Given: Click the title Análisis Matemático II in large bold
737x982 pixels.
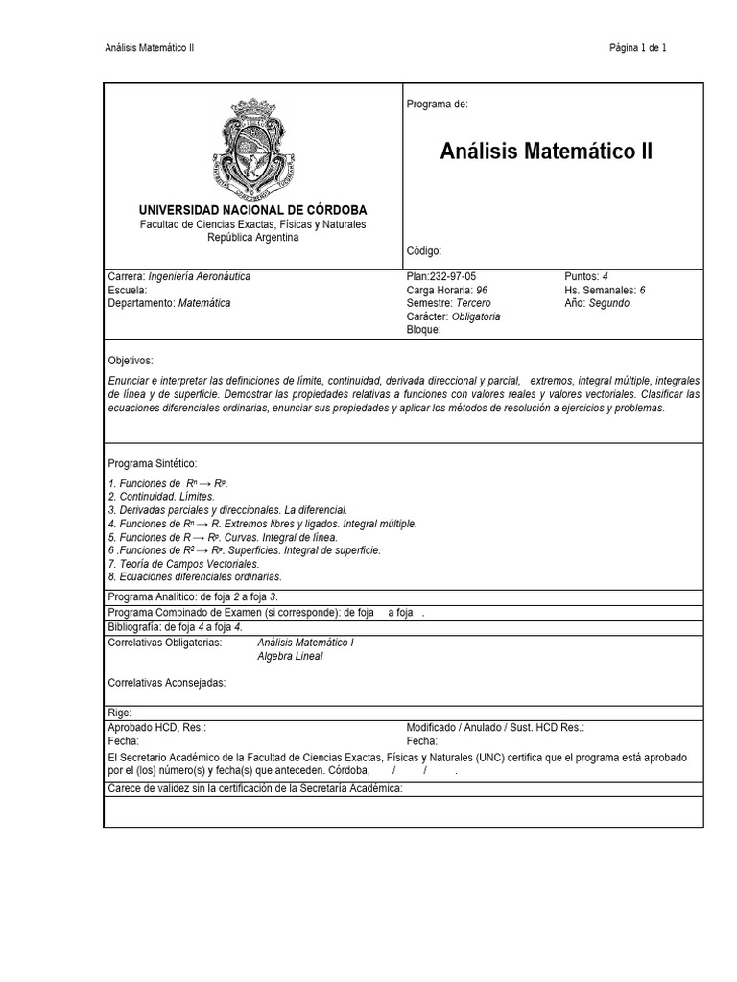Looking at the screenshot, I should pyautogui.click(x=546, y=152).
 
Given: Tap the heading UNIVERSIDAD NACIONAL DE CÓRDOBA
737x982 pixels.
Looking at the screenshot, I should pyautogui.click(x=253, y=209).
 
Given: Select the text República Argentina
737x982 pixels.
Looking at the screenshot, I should pyautogui.click(x=253, y=237).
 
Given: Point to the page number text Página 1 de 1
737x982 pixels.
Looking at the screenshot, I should pyautogui.click(x=638, y=48).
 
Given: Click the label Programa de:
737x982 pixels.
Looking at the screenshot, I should pyautogui.click(x=437, y=104).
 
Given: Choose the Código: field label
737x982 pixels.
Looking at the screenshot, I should pyautogui.click(x=424, y=251).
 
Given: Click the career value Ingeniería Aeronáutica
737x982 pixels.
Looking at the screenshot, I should pyautogui.click(x=200, y=276).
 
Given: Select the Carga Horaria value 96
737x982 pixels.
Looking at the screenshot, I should pyautogui.click(x=482, y=290).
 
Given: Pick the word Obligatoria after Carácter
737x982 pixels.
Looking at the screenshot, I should pyautogui.click(x=477, y=316).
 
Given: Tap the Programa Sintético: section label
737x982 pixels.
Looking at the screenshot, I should pyautogui.click(x=153, y=463).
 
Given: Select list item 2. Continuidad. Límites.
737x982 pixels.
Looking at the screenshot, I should pyautogui.click(x=161, y=497).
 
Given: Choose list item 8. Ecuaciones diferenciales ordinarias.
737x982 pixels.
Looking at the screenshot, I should pyautogui.click(x=195, y=577).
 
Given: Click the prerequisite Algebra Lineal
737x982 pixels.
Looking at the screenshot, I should pyautogui.click(x=291, y=656).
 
